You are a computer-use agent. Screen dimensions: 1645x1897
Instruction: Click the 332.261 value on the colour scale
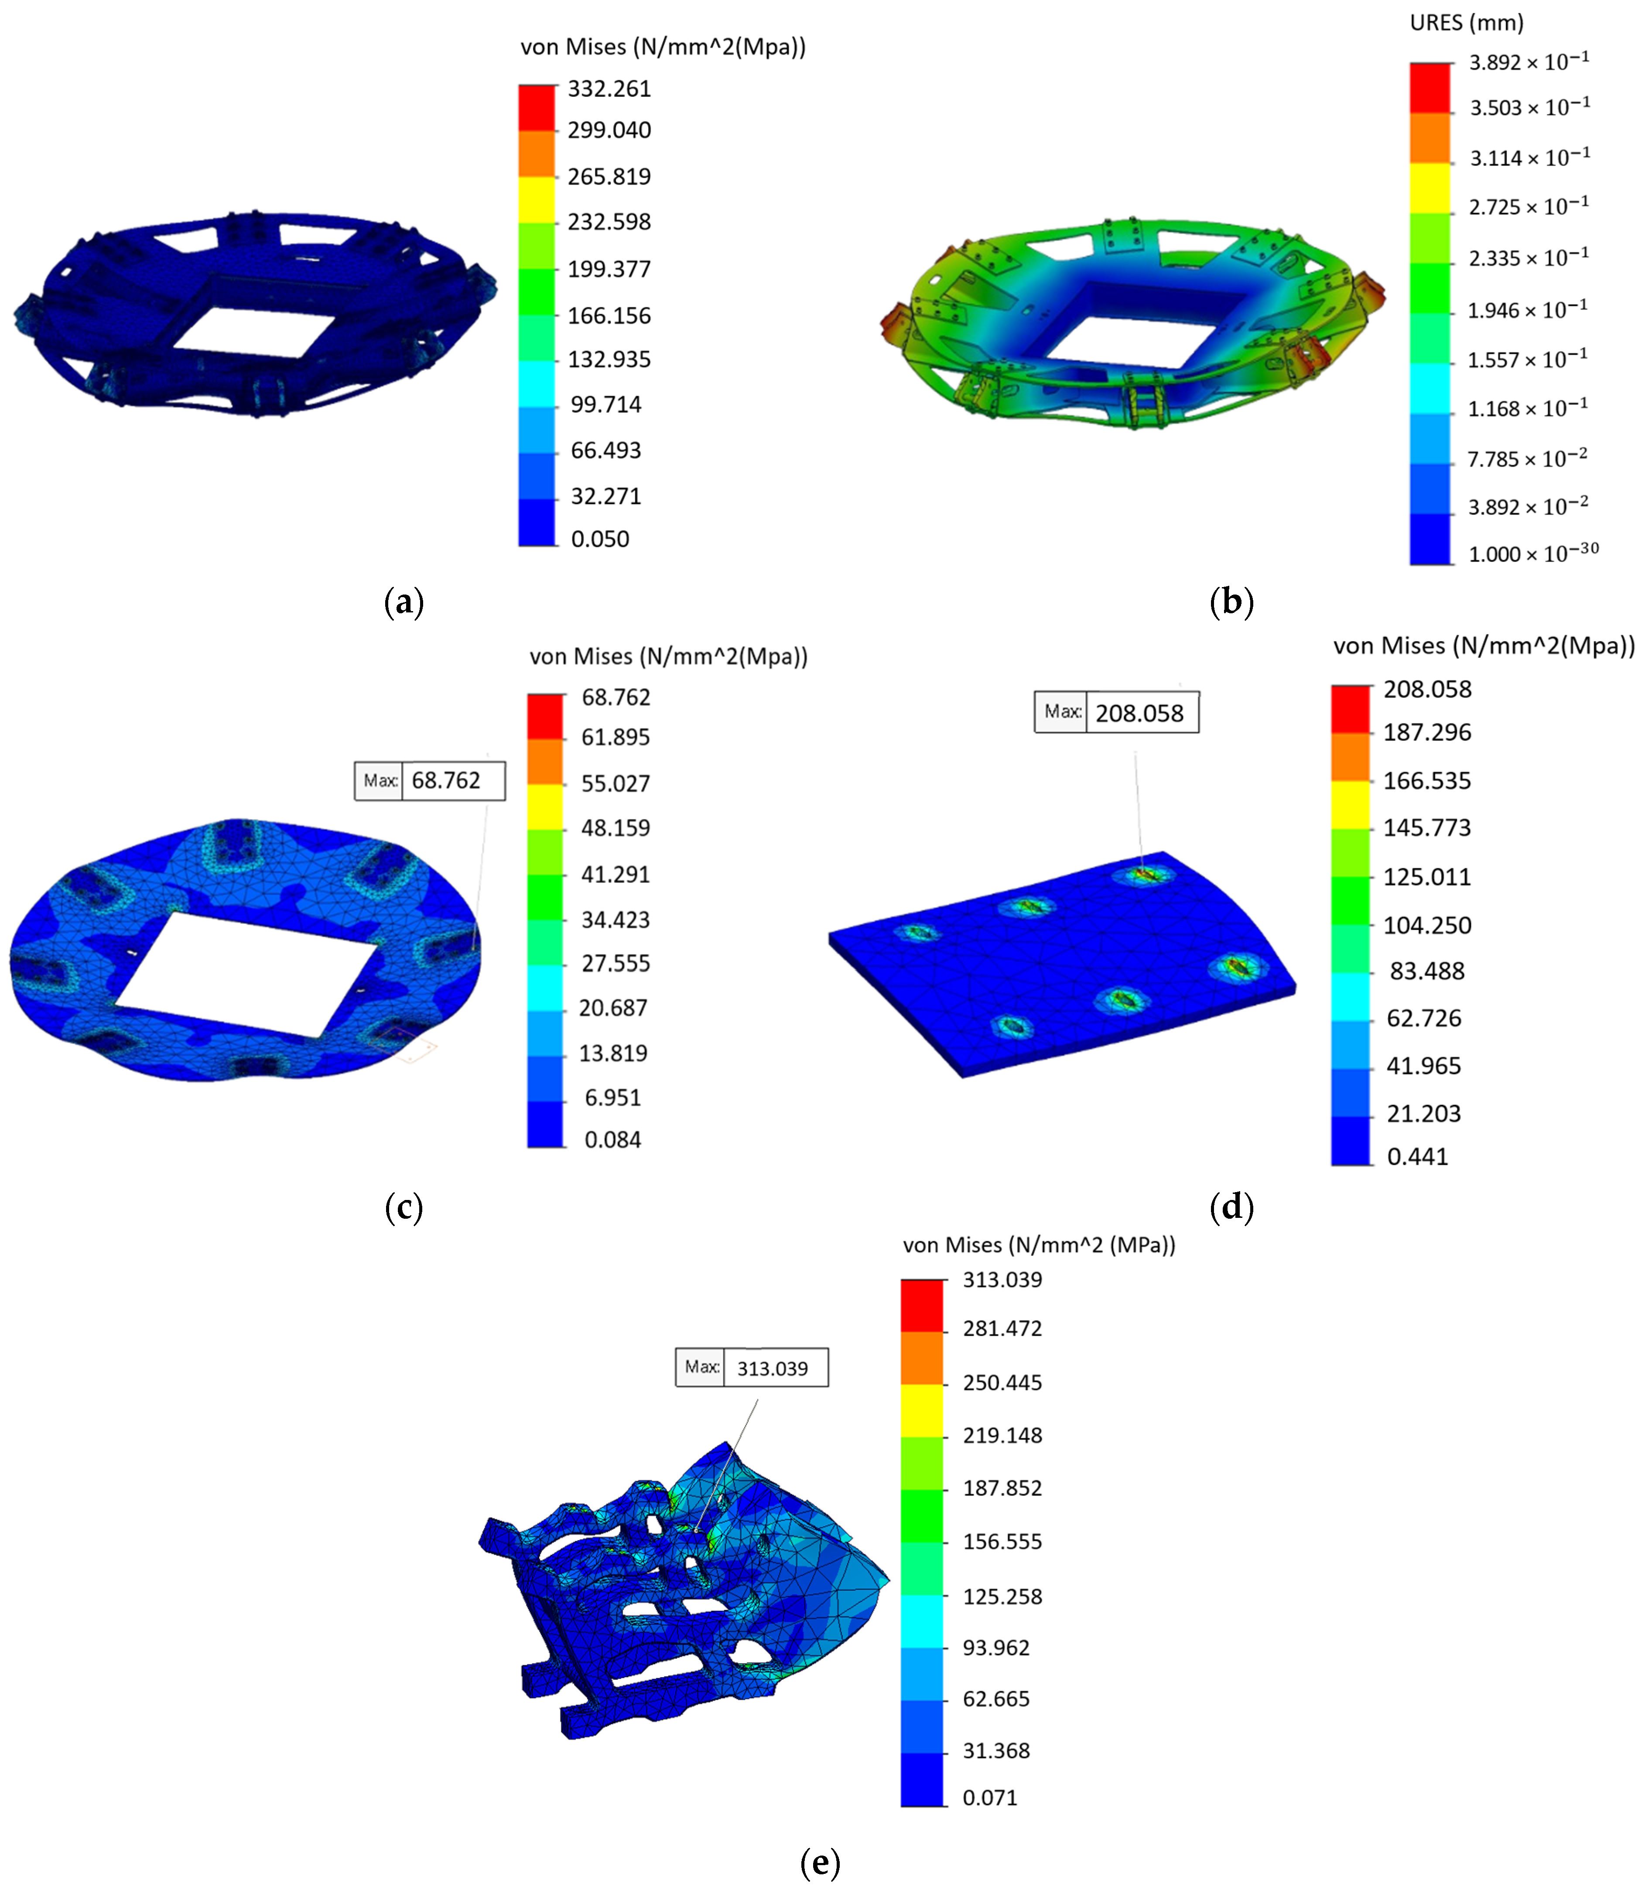click(609, 89)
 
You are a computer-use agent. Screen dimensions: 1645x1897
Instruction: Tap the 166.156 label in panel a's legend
click(609, 316)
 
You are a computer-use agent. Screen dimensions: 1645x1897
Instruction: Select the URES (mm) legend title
click(1466, 23)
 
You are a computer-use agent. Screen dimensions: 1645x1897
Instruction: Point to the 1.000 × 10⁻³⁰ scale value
click(1533, 553)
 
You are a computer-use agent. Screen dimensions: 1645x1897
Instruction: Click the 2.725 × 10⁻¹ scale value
click(1529, 205)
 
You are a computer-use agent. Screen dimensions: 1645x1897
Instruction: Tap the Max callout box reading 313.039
click(752, 1367)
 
